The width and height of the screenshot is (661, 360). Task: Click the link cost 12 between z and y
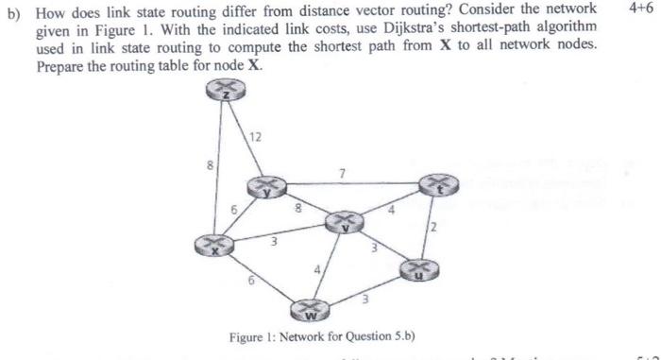(x=256, y=138)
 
